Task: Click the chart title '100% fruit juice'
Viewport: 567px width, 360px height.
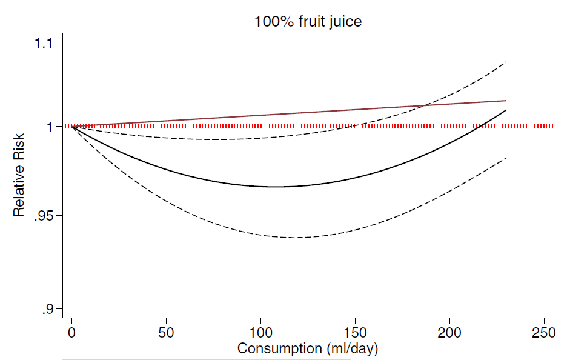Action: coord(308,22)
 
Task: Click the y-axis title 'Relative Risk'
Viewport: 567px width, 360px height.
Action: coord(20,175)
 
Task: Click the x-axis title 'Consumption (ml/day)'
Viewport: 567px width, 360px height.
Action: coord(308,349)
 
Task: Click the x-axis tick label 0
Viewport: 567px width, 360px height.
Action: coord(72,333)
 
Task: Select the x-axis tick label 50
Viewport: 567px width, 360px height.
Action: coord(166,333)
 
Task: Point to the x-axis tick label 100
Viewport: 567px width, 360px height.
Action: coord(260,333)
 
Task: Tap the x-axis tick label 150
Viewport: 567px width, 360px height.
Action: coord(355,333)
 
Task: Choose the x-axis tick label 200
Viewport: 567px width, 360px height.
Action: coord(449,333)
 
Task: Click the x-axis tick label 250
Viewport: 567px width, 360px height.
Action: coord(543,333)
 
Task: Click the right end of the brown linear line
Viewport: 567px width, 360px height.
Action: coord(506,101)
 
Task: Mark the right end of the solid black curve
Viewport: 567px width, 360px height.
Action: coord(506,110)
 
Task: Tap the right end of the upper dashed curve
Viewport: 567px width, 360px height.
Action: coord(506,62)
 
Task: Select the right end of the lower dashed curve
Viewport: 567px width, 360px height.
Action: coord(506,158)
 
